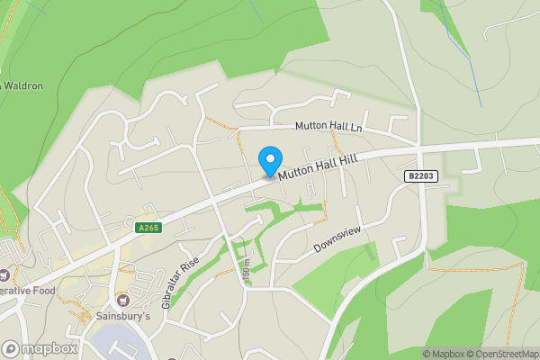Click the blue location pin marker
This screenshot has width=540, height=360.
(x=269, y=161)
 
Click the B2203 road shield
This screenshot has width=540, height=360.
(x=421, y=177)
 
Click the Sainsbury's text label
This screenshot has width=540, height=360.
(x=121, y=317)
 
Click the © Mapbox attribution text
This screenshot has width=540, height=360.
(x=446, y=354)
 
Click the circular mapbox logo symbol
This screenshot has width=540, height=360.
(x=12, y=348)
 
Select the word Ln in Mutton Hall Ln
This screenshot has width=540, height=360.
(x=355, y=128)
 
